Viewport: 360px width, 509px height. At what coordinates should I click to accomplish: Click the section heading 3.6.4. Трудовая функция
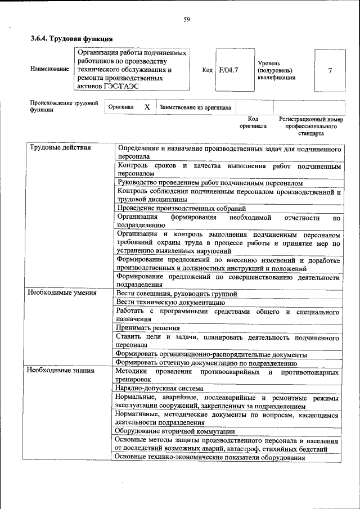pyautogui.click(x=71, y=39)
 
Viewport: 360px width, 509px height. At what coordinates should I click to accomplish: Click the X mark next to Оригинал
pyautogui.click(x=147, y=107)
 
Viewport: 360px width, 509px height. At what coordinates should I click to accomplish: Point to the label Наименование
pyautogui.click(x=50, y=69)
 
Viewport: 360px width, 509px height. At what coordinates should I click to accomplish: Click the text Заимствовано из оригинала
pyautogui.click(x=195, y=107)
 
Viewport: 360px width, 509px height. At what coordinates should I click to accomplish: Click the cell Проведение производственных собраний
pyautogui.click(x=182, y=208)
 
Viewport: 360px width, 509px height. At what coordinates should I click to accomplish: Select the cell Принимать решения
pyautogui.click(x=148, y=328)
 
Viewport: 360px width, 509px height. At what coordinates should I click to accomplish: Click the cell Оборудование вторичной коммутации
pyautogui.click(x=175, y=431)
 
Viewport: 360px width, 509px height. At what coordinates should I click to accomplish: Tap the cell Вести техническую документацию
pyautogui.click(x=170, y=302)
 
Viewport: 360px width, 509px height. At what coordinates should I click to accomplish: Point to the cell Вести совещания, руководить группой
pyautogui.click(x=177, y=293)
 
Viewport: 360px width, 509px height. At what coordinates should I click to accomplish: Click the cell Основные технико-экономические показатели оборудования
pyautogui.click(x=209, y=457)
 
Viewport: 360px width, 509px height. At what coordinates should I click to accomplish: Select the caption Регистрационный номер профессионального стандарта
pyautogui.click(x=310, y=127)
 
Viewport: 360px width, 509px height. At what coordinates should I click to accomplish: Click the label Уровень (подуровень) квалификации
pyautogui.click(x=276, y=70)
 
